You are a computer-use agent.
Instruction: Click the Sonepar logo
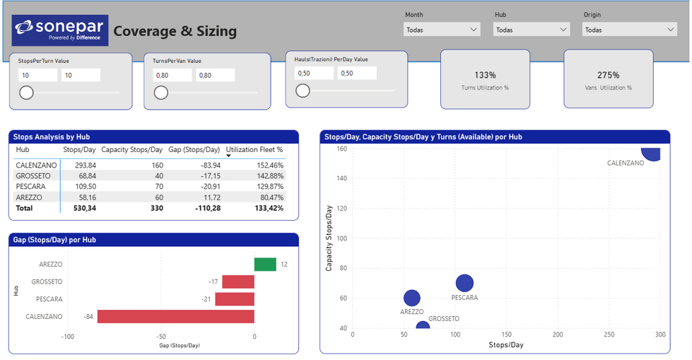pyautogui.click(x=60, y=30)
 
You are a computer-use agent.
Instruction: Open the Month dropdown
pyautogui.click(x=441, y=30)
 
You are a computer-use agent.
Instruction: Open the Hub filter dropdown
pyautogui.click(x=532, y=30)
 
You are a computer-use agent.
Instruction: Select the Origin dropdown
pyautogui.click(x=629, y=30)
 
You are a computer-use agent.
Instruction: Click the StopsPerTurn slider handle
pyautogui.click(x=26, y=93)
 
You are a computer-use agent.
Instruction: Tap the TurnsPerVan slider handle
pyautogui.click(x=161, y=93)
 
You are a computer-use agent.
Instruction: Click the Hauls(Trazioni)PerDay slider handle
pyautogui.click(x=303, y=91)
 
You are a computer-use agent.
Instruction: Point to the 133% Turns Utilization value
pyautogui.click(x=485, y=75)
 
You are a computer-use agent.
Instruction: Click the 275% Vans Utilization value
pyautogui.click(x=608, y=75)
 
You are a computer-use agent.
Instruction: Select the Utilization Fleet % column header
pyautogui.click(x=254, y=150)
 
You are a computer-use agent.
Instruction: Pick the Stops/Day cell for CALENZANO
pyautogui.click(x=86, y=166)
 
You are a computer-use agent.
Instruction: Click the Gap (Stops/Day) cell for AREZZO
pyautogui.click(x=212, y=197)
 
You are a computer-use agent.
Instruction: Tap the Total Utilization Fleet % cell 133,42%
pyautogui.click(x=269, y=208)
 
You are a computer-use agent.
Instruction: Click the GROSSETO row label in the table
pyautogui.click(x=33, y=176)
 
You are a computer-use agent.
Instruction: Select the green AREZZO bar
pyautogui.click(x=265, y=264)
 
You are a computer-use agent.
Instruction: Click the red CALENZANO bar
pyautogui.click(x=175, y=316)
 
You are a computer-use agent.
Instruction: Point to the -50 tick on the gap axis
pyautogui.click(x=161, y=337)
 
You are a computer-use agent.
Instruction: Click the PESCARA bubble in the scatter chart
pyautogui.click(x=464, y=283)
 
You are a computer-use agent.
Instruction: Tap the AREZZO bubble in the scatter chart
pyautogui.click(x=412, y=298)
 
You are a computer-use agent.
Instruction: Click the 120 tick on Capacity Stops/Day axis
pyautogui.click(x=342, y=209)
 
